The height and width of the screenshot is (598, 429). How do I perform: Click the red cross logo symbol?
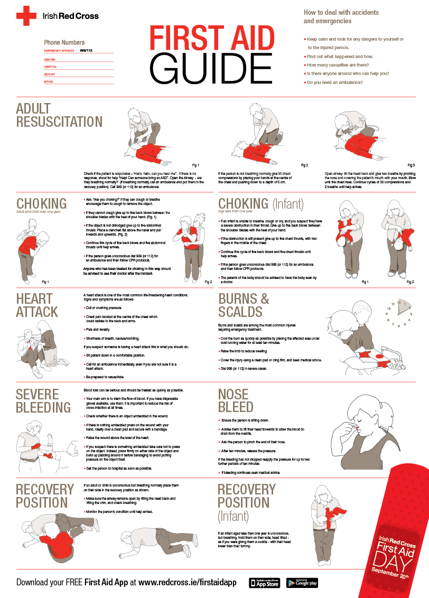(x=25, y=16)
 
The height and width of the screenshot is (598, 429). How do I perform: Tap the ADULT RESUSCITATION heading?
(x=59, y=115)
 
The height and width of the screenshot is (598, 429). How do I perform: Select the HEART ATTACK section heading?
(x=37, y=304)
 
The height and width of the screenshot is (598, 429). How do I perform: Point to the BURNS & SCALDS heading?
(x=244, y=304)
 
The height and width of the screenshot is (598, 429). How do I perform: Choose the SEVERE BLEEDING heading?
(x=43, y=400)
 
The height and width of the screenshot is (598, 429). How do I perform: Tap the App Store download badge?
(x=265, y=583)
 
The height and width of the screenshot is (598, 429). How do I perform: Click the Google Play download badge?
(x=302, y=583)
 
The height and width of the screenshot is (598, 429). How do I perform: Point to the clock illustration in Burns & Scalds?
(x=399, y=312)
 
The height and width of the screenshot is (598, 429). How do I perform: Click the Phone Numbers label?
(x=64, y=42)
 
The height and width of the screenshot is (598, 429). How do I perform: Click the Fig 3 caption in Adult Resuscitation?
(x=411, y=165)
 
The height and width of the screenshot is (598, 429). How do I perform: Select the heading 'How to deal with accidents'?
(x=341, y=12)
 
